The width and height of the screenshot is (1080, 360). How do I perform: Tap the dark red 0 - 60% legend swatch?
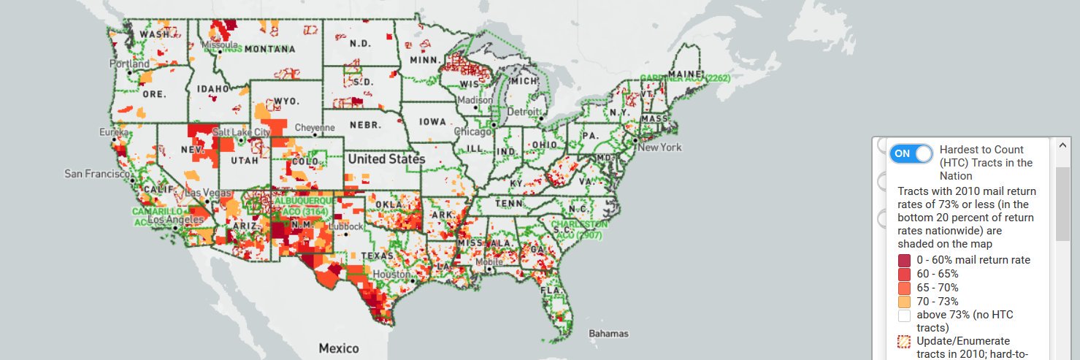pyautogui.click(x=904, y=260)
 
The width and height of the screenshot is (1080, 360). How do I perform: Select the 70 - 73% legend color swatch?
pyautogui.click(x=904, y=302)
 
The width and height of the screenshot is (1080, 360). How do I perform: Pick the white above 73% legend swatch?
pyautogui.click(x=904, y=315)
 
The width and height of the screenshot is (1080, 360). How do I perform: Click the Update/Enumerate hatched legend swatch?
pyautogui.click(x=904, y=342)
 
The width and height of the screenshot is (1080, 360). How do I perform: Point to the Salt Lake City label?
pyautogui.click(x=241, y=132)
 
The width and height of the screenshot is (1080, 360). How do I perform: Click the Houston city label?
pyautogui.click(x=393, y=275)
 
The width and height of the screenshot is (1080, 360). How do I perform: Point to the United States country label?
pyautogui.click(x=386, y=158)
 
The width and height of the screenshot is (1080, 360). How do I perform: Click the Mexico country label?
pyautogui.click(x=338, y=348)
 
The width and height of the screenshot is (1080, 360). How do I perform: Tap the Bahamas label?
pyautogui.click(x=608, y=334)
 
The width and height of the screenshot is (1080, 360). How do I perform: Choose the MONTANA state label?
pyautogui.click(x=269, y=50)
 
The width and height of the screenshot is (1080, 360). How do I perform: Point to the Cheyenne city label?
pyautogui.click(x=315, y=127)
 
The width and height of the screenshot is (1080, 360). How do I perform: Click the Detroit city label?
pyautogui.click(x=521, y=112)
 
